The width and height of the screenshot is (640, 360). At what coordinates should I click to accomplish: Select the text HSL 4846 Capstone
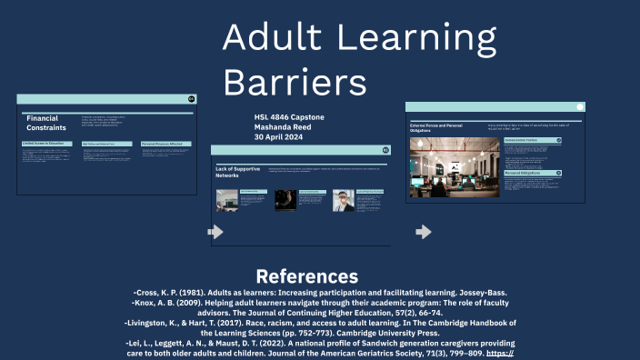289,117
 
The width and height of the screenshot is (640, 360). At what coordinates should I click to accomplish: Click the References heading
306,276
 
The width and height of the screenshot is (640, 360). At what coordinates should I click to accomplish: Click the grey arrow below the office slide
423,232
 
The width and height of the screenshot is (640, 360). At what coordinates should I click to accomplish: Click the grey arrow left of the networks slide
215,232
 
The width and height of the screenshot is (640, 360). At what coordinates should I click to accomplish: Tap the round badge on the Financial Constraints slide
191,98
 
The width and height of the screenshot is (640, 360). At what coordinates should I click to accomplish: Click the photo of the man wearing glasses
343,200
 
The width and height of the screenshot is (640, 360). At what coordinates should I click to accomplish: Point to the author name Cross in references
151,293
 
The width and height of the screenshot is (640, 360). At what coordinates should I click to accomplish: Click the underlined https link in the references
501,353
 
